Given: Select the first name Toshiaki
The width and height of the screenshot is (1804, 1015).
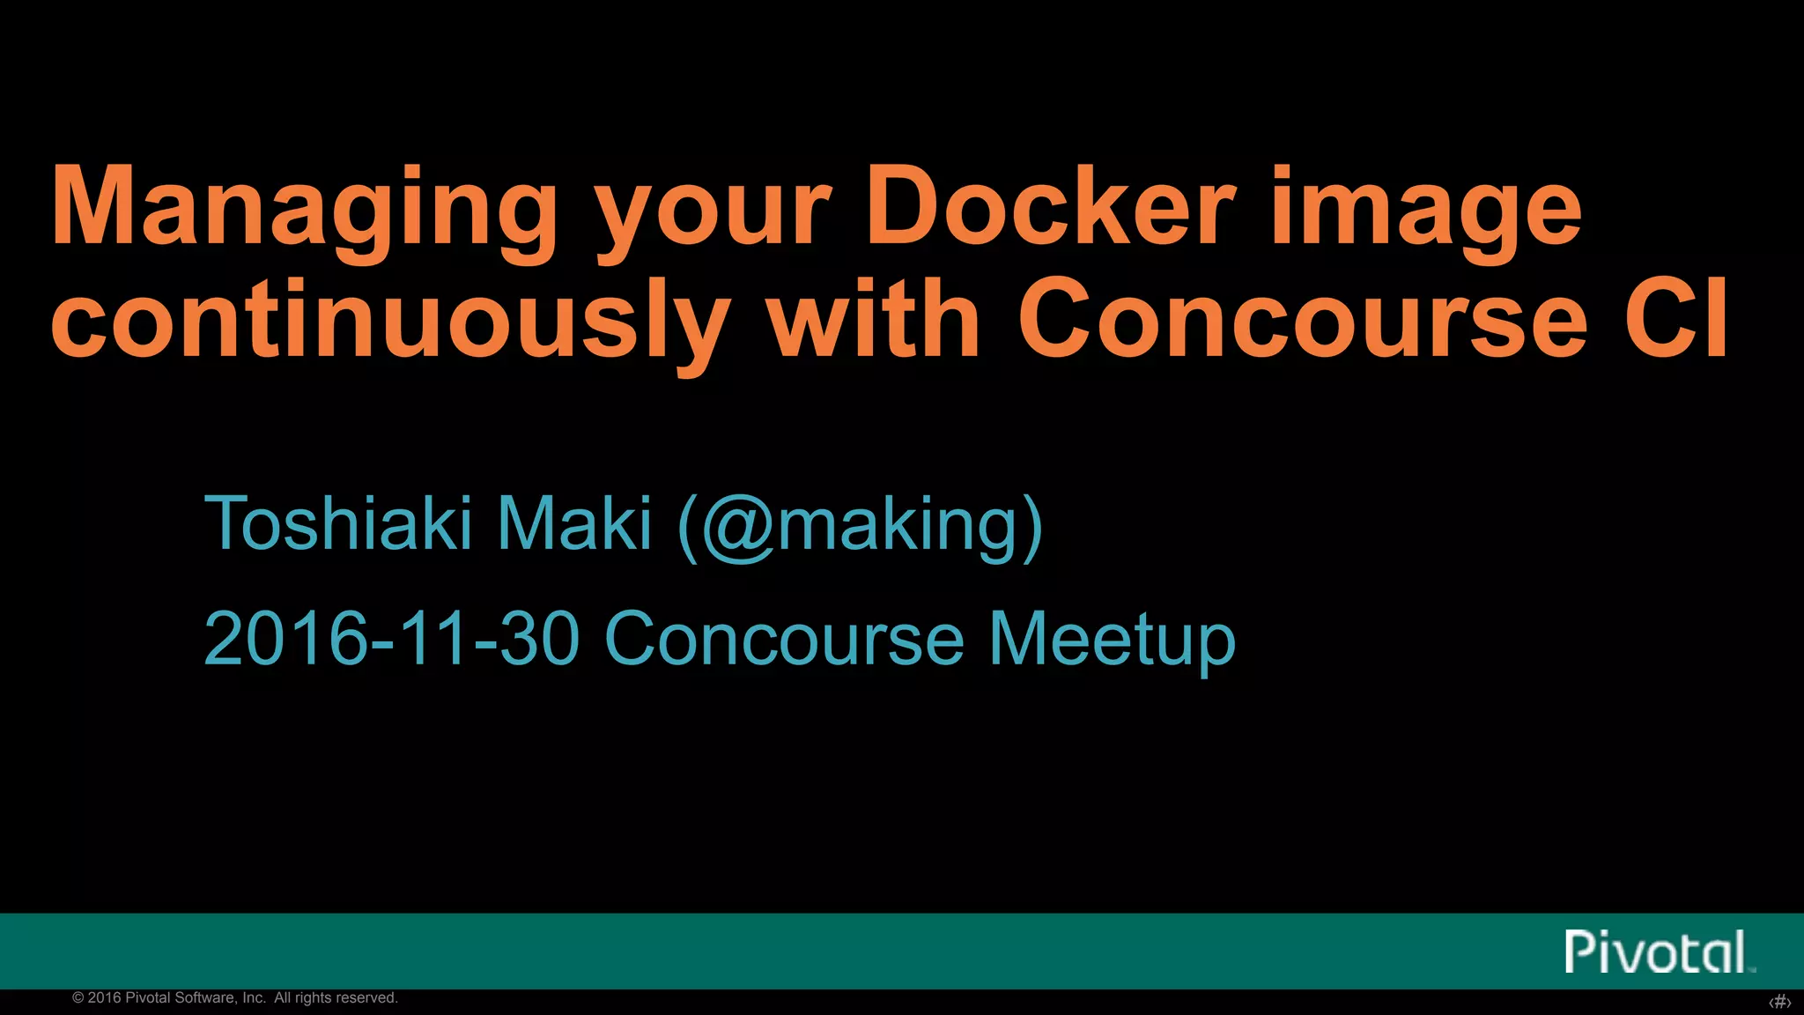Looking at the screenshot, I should click(x=339, y=523).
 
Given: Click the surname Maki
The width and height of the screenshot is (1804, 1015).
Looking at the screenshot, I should click(x=574, y=523).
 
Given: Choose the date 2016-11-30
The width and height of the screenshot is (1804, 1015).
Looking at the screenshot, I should click(x=392, y=638).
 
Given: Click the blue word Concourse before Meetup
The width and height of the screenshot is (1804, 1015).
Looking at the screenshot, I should click(x=785, y=638).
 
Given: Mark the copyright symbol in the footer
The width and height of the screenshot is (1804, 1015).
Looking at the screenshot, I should click(x=78, y=998).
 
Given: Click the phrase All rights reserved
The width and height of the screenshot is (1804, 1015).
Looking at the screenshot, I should click(x=336, y=998).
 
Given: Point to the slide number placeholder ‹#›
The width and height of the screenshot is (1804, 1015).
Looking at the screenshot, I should click(x=1780, y=1002).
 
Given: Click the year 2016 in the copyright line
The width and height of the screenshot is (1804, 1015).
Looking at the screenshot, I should click(x=105, y=998).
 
